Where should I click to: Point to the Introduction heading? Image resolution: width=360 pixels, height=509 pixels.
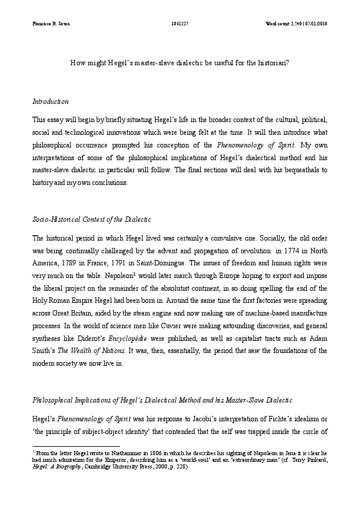(x=50, y=101)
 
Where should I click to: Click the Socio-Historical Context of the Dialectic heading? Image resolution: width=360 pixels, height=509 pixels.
(x=91, y=218)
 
